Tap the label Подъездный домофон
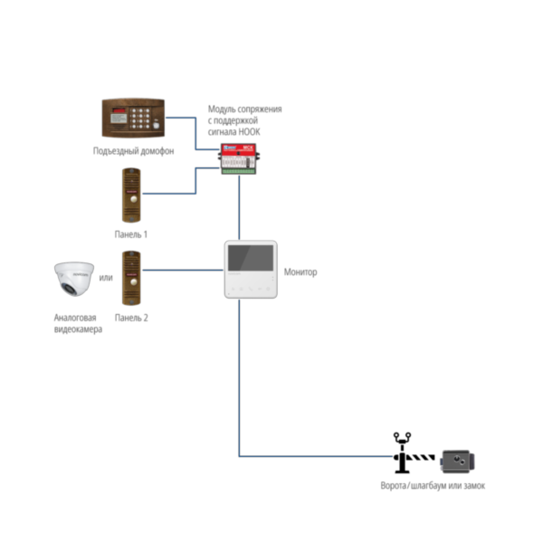click(x=133, y=150)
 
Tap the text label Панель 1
click(x=131, y=234)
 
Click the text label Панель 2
click(x=131, y=318)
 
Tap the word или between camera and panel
click(x=105, y=277)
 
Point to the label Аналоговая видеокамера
click(x=77, y=323)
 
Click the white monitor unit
click(x=249, y=270)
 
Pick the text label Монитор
click(x=300, y=271)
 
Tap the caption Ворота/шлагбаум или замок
click(x=433, y=486)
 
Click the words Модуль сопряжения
click(x=244, y=109)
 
